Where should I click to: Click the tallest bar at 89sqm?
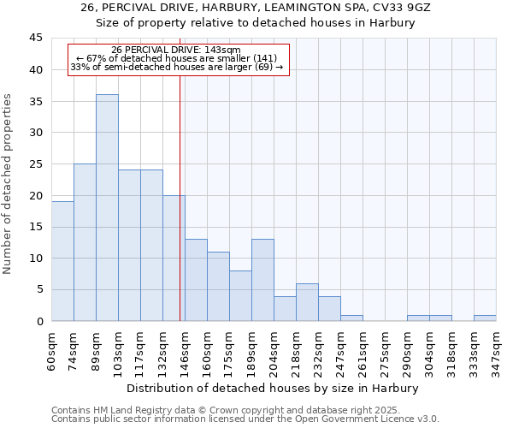[107, 208]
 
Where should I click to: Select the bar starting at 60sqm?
[62, 261]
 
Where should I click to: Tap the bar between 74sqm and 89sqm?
[85, 242]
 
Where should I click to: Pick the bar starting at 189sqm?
[262, 280]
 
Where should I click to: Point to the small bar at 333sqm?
[485, 318]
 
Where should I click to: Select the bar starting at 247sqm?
[351, 318]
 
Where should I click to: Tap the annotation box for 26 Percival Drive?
[179, 59]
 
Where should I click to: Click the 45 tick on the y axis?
[36, 39]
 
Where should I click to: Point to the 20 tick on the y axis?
[36, 195]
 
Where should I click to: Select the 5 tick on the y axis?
[39, 289]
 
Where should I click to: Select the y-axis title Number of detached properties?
[8, 184]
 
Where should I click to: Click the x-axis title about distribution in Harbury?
[274, 388]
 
